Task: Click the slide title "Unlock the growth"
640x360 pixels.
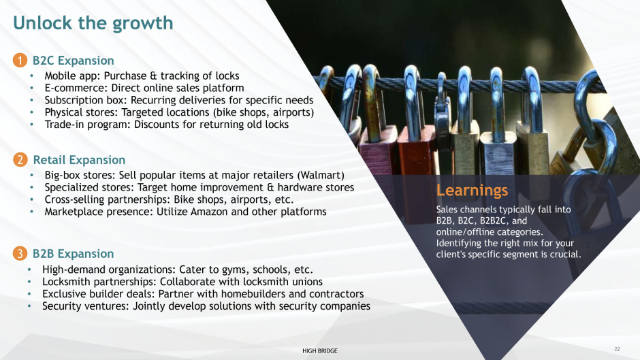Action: [x=93, y=23]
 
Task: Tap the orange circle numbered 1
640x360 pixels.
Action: [x=20, y=60]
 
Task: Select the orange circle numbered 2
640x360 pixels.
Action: [x=20, y=160]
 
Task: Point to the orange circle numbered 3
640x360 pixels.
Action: [x=20, y=253]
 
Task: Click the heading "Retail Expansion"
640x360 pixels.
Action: [x=79, y=160]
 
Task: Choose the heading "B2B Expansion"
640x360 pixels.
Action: [x=74, y=254]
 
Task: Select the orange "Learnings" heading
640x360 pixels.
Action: [x=473, y=190]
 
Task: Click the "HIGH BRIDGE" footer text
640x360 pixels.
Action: [x=320, y=350]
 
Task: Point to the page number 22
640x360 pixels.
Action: [x=617, y=349]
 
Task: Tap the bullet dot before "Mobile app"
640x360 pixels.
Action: [x=32, y=76]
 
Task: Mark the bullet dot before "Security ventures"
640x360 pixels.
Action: [x=29, y=306]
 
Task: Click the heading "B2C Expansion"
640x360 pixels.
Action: [x=74, y=61]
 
